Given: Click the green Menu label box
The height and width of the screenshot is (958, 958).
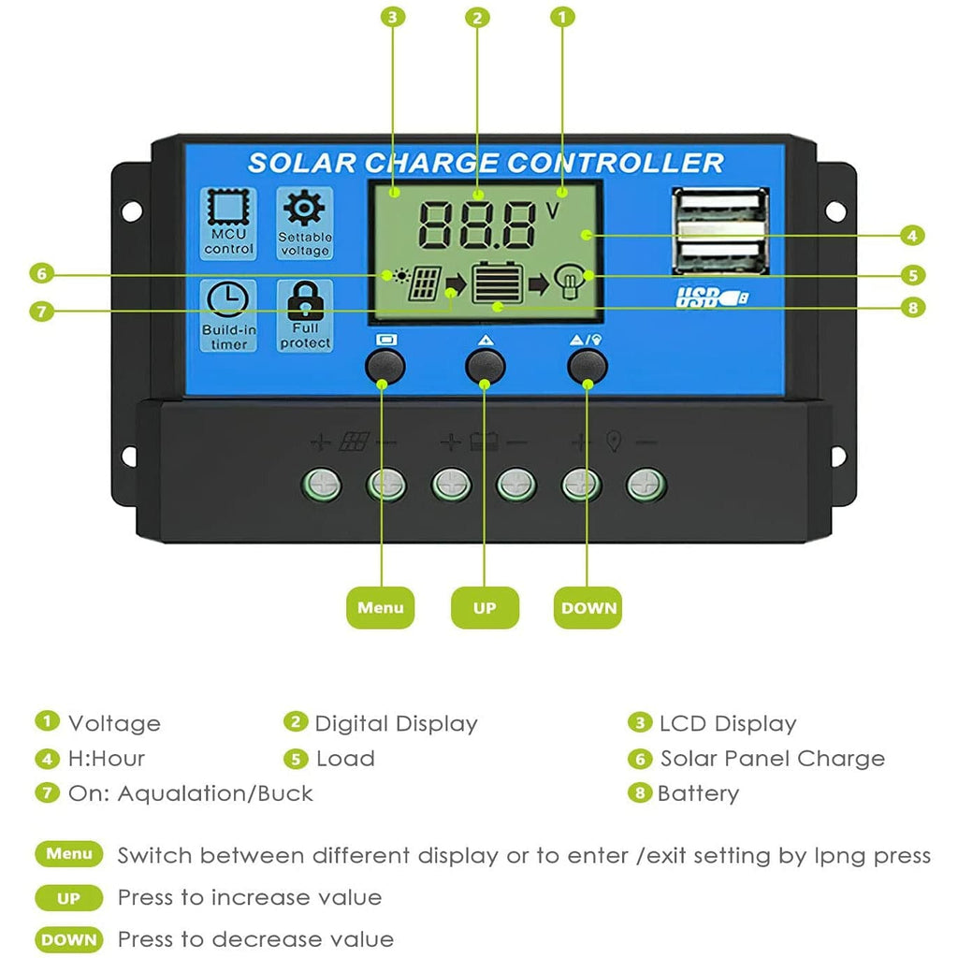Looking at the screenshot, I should click(380, 608).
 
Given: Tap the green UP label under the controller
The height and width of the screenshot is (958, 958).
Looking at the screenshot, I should click(485, 608).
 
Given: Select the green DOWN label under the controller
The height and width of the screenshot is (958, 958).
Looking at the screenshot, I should click(588, 608).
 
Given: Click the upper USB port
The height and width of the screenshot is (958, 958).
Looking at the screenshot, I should click(719, 207).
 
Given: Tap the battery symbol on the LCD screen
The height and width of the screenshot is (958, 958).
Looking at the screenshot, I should click(494, 282).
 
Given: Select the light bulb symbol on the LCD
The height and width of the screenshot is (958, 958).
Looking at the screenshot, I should click(568, 281).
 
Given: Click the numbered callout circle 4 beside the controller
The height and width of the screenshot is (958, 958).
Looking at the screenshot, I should click(913, 235).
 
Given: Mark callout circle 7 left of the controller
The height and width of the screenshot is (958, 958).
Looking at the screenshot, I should click(40, 312).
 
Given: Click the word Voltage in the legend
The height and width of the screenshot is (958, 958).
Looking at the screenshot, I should click(114, 723).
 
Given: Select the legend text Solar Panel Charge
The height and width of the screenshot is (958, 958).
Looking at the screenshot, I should click(772, 759).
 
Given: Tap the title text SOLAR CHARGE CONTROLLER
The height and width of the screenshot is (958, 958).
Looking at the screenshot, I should click(486, 162).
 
